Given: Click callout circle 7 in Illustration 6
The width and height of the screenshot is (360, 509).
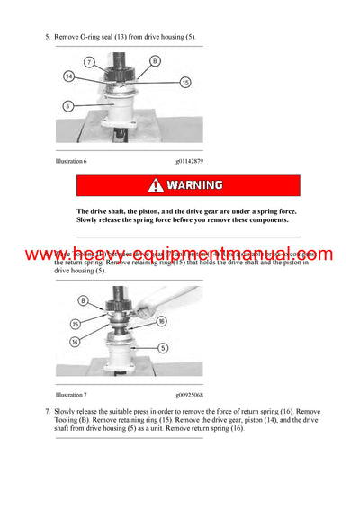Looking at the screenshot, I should click(90, 62).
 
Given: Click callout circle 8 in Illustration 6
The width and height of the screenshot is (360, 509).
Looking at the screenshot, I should click(155, 61).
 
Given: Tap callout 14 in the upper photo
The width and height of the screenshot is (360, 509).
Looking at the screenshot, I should click(68, 77).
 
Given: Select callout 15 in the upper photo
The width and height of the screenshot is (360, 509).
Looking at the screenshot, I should click(184, 82).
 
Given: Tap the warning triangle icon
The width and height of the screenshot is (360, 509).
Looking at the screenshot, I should click(157, 185).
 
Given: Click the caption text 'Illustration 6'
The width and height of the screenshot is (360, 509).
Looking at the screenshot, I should click(71, 161).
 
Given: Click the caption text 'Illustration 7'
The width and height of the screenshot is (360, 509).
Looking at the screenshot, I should click(71, 394).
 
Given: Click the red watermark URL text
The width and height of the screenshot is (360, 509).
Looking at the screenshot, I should click(180, 254).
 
